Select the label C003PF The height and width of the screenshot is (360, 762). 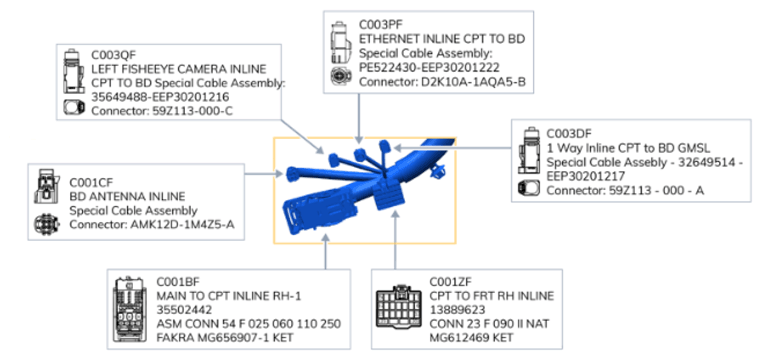(x=381, y=24)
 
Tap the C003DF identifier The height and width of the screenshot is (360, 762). (x=569, y=133)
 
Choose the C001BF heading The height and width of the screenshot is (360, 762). (x=178, y=282)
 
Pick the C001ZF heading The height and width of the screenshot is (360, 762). (x=450, y=282)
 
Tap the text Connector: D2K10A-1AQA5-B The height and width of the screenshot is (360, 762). (x=442, y=83)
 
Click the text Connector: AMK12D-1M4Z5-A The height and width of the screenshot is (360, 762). (x=155, y=224)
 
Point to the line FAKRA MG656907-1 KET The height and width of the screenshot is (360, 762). (x=225, y=337)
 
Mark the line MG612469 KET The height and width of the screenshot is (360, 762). (x=471, y=337)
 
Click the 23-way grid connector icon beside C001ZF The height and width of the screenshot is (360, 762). (x=399, y=307)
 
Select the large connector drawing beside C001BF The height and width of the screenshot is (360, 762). (x=129, y=309)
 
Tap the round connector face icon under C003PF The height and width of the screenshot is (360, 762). (x=339, y=76)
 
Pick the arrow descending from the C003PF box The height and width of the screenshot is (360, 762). (x=359, y=117)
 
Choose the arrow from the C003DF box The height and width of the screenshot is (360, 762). (x=451, y=146)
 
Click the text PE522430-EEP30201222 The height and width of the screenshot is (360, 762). (x=429, y=68)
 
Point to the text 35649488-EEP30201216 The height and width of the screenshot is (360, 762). (x=161, y=97)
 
